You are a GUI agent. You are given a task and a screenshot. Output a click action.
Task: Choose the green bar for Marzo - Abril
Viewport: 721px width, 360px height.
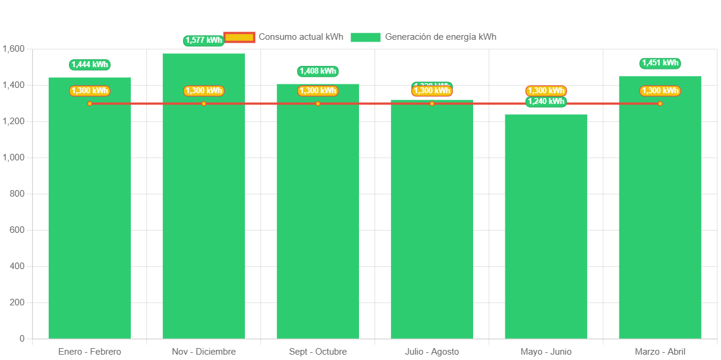pyautogui.click(x=660, y=220)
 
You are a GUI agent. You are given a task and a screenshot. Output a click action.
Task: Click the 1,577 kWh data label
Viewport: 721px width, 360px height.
pyautogui.click(x=204, y=40)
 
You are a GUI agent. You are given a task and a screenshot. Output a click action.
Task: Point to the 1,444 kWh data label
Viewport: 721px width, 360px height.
pyautogui.click(x=90, y=65)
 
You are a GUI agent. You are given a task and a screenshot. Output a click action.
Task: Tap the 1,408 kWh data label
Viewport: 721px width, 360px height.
pyautogui.click(x=318, y=71)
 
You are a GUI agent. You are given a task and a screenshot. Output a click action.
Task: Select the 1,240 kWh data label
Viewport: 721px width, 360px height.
pyautogui.click(x=546, y=102)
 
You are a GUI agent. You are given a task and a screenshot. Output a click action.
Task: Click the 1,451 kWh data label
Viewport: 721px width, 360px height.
pyautogui.click(x=660, y=63)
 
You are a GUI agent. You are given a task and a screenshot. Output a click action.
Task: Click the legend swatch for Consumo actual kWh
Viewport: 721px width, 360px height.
pyautogui.click(x=240, y=37)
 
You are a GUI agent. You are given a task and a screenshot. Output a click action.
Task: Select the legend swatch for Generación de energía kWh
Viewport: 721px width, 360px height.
pyautogui.click(x=366, y=37)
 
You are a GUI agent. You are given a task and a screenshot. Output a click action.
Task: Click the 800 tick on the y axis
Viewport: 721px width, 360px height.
pyautogui.click(x=18, y=194)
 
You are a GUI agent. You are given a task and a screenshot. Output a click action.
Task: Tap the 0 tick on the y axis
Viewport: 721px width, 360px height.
pyautogui.click(x=22, y=339)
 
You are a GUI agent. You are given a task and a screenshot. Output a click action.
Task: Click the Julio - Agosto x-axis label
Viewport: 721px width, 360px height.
pyautogui.click(x=432, y=352)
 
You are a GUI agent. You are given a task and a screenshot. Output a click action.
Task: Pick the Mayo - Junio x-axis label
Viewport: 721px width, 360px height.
pyautogui.click(x=546, y=352)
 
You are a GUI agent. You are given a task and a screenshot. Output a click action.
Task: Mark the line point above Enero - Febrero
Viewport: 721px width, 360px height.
pyautogui.click(x=90, y=104)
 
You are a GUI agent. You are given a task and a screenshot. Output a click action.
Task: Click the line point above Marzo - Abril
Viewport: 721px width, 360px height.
pyautogui.click(x=660, y=104)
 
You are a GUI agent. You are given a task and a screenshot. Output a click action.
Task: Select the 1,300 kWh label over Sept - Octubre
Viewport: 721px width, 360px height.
pyautogui.click(x=318, y=91)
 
